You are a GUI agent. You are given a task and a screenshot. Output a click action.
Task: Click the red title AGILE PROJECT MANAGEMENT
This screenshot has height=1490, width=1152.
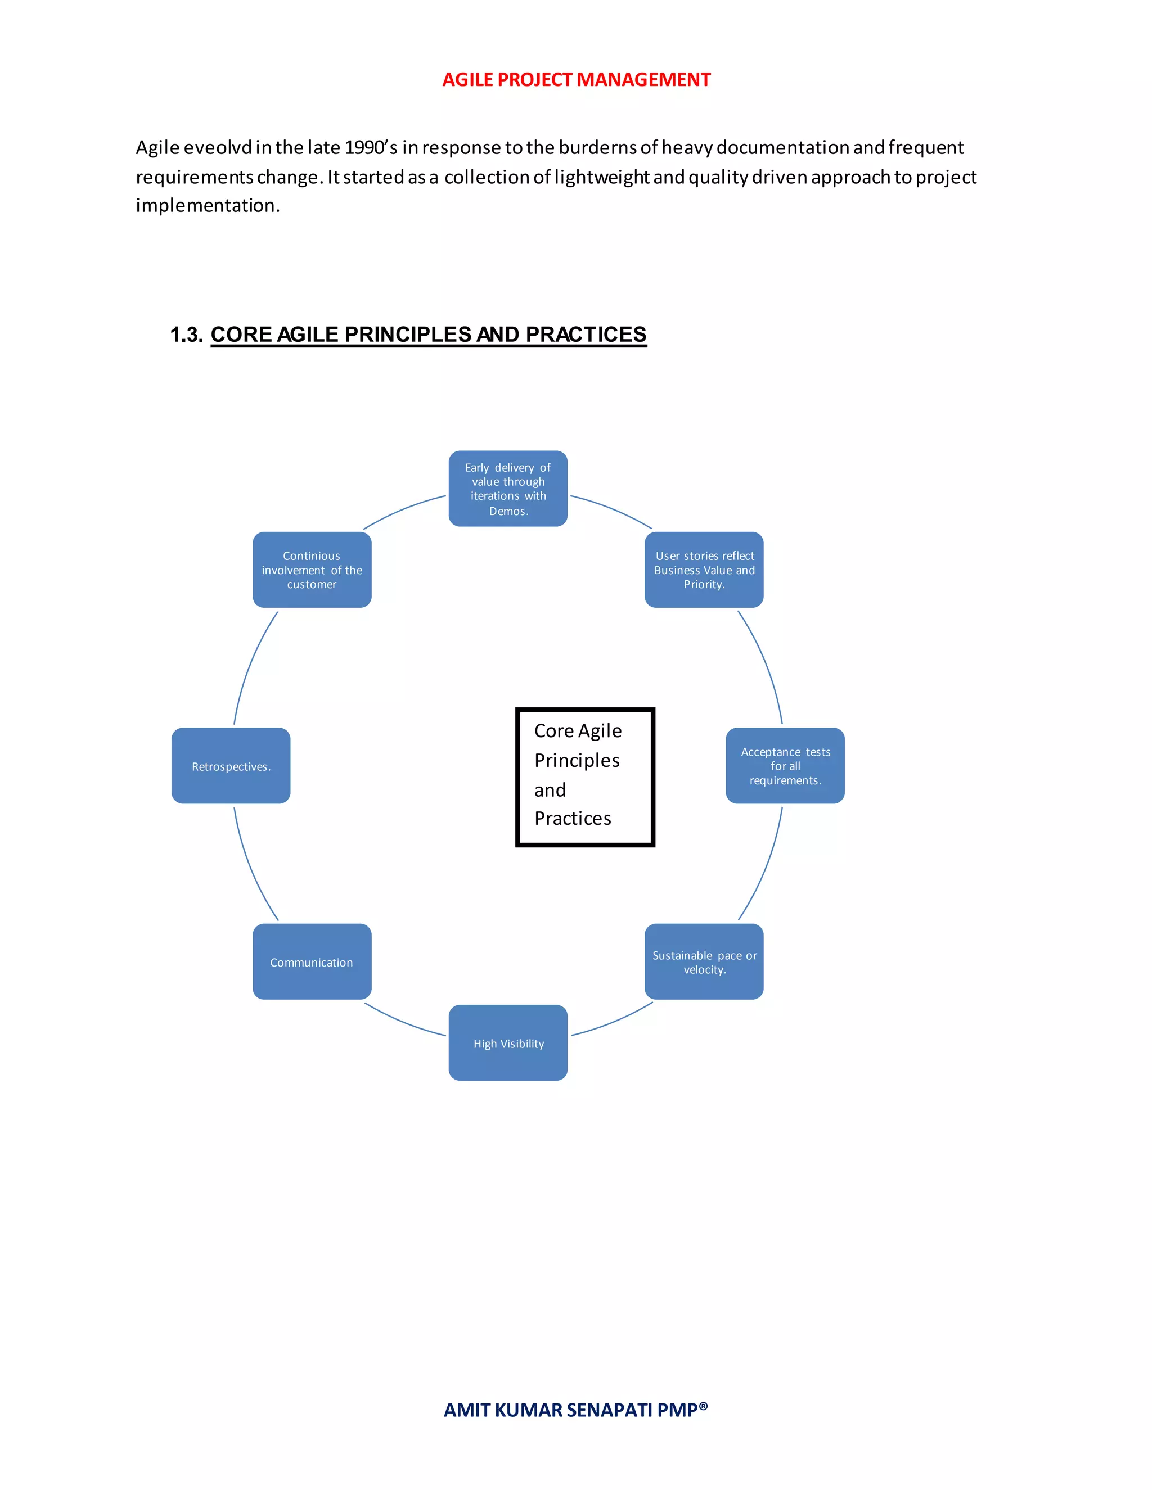[576, 80]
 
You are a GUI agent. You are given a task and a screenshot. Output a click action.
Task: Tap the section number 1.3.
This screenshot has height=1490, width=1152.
[186, 335]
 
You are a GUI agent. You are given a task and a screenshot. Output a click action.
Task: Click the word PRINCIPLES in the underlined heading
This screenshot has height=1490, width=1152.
[407, 335]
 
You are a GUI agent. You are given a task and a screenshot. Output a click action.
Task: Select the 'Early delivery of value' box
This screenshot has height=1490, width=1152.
[508, 489]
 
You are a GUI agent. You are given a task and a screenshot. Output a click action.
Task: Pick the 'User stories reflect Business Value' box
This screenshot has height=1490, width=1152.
[704, 570]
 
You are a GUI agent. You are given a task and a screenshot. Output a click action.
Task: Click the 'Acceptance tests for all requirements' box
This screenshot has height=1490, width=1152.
[785, 765]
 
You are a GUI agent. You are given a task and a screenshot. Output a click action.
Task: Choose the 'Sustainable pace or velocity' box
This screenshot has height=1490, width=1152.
[704, 961]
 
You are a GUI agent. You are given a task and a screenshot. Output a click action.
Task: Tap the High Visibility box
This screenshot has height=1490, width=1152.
[508, 1042]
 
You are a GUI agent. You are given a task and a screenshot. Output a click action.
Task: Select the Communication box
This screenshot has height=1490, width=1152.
[312, 961]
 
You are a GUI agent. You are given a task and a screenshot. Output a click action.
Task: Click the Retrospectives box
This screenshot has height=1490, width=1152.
[231, 765]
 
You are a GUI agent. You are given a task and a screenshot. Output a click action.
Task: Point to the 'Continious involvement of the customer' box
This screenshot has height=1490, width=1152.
[312, 570]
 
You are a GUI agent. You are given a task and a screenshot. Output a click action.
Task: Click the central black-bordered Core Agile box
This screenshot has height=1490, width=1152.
[585, 777]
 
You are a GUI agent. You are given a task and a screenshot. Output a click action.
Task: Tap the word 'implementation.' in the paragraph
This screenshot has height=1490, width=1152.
[208, 205]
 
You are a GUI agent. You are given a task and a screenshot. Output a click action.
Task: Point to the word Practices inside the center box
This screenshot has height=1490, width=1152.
[573, 818]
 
